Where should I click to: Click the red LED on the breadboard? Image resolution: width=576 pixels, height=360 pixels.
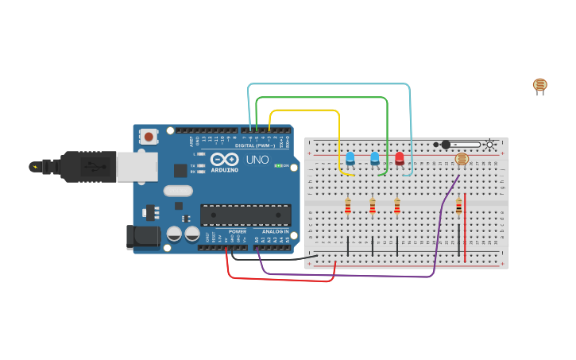click(399, 159)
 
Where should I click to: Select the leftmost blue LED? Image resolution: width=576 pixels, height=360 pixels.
click(350, 158)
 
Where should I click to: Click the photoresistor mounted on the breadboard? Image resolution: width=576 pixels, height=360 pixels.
click(462, 159)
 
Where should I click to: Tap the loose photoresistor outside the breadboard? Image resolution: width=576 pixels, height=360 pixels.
click(539, 85)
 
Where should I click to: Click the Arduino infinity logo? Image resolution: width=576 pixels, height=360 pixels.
click(225, 160)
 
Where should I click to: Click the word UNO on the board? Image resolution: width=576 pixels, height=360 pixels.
click(257, 160)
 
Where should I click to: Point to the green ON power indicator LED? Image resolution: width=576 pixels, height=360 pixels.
click(278, 165)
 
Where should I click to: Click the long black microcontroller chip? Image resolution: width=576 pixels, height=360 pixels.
click(245, 215)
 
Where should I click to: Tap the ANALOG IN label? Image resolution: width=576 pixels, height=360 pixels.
click(276, 231)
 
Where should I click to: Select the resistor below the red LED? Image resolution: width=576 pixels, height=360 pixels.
click(397, 207)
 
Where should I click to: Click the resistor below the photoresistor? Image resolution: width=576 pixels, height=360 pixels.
click(458, 207)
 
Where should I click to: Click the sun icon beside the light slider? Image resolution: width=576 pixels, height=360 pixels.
click(490, 145)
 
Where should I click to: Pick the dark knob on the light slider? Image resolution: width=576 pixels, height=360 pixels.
click(446, 145)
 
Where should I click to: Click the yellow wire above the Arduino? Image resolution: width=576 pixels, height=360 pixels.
click(306, 110)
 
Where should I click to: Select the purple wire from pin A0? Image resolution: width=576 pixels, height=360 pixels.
click(350, 275)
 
